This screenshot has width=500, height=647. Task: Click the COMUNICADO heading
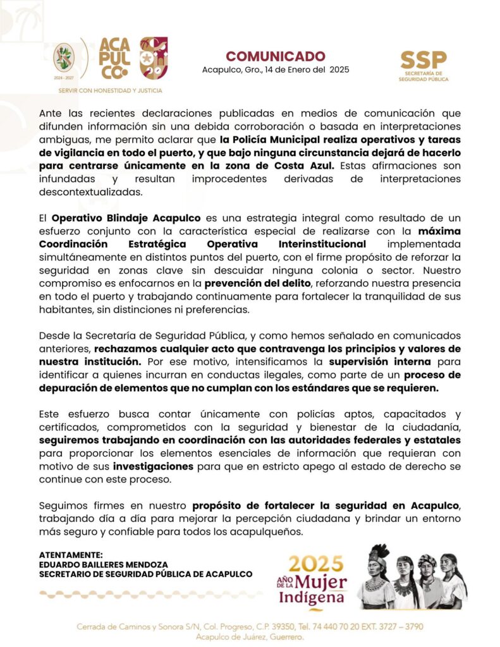(276, 56)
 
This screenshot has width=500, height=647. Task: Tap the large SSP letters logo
(423, 60)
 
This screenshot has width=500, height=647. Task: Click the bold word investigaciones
(154, 466)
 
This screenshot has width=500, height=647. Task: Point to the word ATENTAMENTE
(66, 554)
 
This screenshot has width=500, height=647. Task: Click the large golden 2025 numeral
(316, 564)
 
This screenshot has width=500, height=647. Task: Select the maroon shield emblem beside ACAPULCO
(154, 58)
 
